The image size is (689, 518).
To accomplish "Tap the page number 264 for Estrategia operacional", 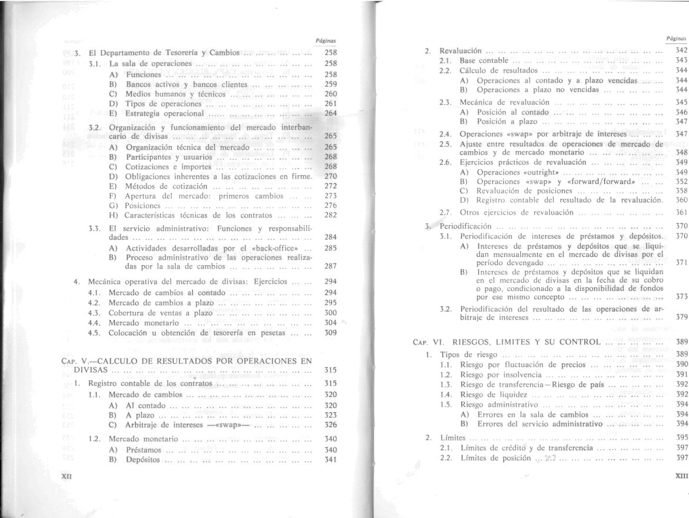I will [330, 113].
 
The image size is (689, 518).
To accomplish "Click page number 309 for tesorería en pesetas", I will [330, 333].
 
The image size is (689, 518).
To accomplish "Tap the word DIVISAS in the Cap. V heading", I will [91, 370].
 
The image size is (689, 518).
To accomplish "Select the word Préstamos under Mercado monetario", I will [143, 450].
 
